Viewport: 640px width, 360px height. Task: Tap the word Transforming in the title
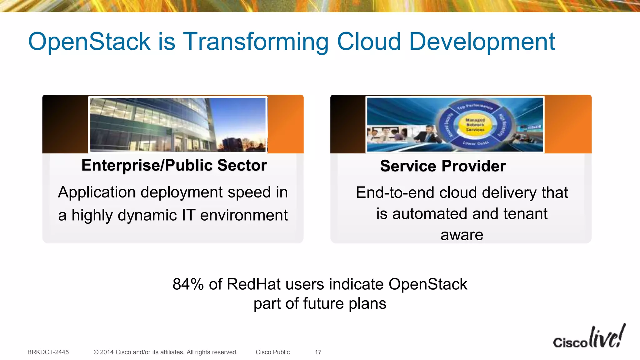tap(255, 42)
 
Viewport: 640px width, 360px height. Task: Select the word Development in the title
tap(482, 42)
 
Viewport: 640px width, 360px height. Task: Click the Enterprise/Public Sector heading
tap(174, 165)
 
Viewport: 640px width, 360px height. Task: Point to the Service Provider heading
tap(443, 166)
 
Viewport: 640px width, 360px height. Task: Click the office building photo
tap(177, 125)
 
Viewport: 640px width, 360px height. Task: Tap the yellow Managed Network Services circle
tap(475, 125)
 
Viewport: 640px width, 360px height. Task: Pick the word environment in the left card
tap(244, 215)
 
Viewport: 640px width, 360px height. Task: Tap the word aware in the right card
tap(462, 235)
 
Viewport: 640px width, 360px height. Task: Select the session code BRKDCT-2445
tap(48, 352)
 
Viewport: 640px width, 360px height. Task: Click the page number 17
tap(318, 352)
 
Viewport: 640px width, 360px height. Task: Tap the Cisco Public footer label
tap(272, 352)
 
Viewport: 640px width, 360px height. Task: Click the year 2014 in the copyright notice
tap(107, 352)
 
